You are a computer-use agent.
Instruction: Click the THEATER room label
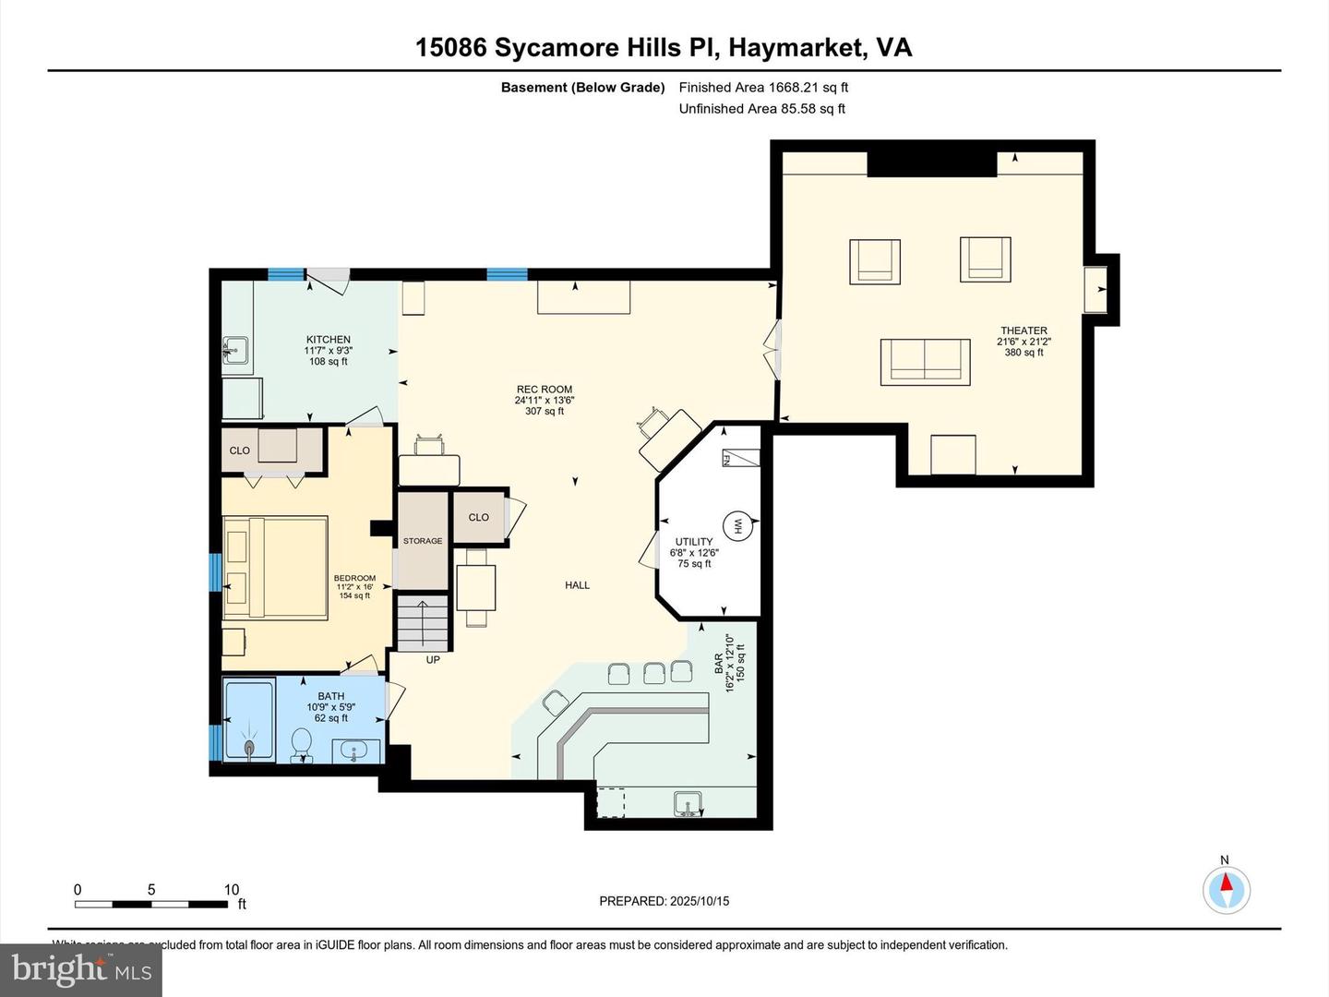[x=1024, y=330]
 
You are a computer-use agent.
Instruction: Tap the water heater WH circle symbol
[x=737, y=526]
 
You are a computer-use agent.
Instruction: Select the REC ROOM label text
[x=545, y=390]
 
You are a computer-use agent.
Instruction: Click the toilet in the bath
[x=301, y=744]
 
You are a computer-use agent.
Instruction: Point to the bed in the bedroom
[x=276, y=567]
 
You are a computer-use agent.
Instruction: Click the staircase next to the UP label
[x=423, y=624]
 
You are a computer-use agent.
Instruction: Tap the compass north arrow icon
[x=1227, y=890]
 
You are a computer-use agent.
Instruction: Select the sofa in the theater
[x=925, y=361]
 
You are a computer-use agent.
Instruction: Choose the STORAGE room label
[x=423, y=541]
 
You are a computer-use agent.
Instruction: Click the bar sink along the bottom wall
[x=688, y=803]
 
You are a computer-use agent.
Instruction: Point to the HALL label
[x=578, y=584]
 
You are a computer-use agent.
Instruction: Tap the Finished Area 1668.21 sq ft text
[x=763, y=88]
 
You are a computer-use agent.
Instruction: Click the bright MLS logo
[x=81, y=969]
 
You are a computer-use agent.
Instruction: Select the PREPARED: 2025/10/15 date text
[x=664, y=901]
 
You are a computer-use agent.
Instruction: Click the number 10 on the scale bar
[x=232, y=890]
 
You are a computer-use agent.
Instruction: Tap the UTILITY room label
[x=694, y=542]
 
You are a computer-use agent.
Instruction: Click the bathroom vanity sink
[x=355, y=751]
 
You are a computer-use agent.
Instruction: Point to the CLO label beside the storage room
[x=478, y=517]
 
